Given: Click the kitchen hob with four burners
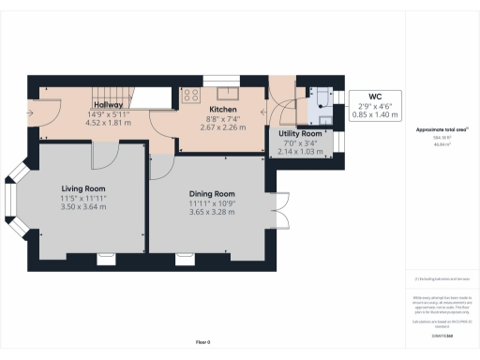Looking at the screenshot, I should coord(191,94).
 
